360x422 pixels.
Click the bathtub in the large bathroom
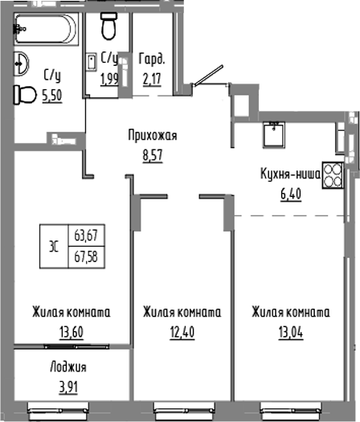coord(44,27)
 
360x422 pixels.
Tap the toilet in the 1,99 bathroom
coord(111,27)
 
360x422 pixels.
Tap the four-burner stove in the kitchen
coord(333,176)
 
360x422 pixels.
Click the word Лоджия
coord(67,367)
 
